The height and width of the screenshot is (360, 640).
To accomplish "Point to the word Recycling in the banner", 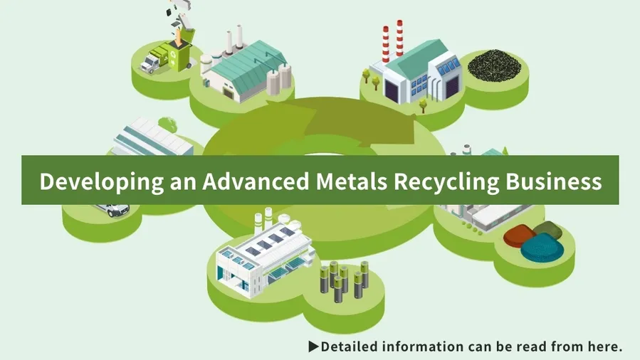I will pos(446,181).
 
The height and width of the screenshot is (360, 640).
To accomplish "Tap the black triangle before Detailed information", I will pos(313,346).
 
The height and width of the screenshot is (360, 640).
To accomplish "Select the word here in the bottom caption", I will pos(607,346).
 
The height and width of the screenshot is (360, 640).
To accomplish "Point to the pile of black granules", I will pos(494,65).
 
